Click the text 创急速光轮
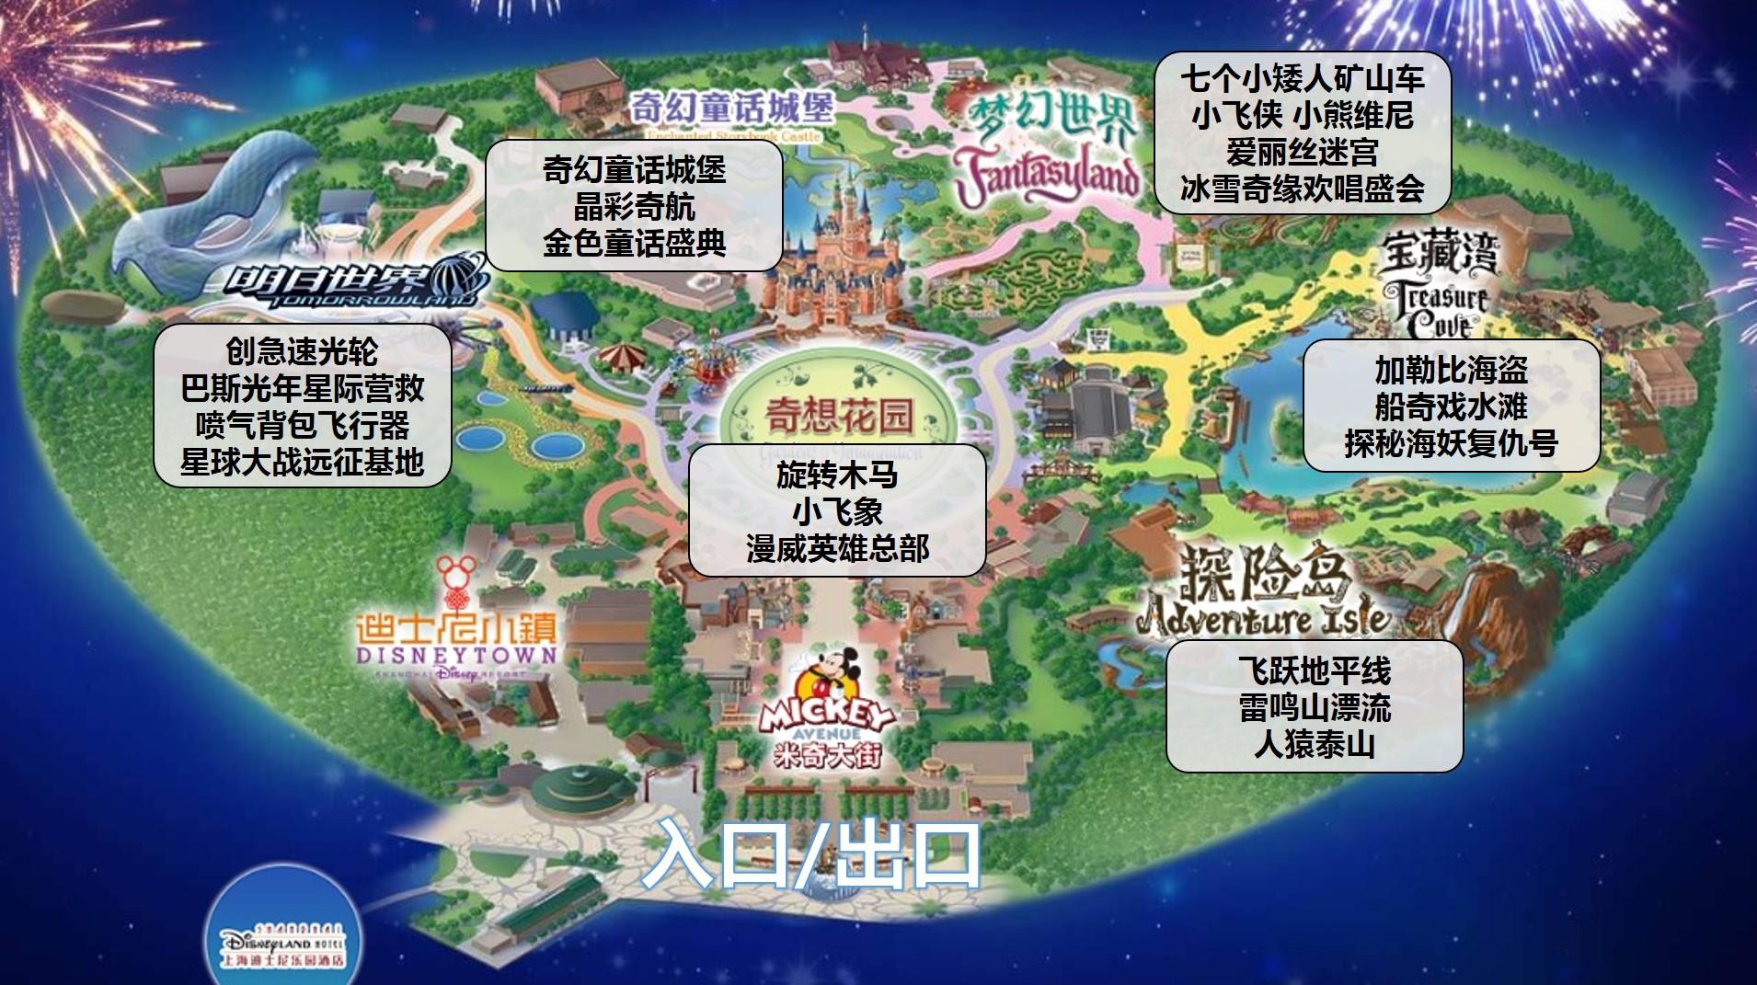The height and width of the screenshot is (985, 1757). pos(302,350)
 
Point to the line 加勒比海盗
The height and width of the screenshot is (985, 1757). pos(1451,370)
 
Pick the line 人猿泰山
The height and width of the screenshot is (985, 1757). pos(1314,744)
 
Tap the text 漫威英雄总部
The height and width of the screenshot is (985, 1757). pos(837,548)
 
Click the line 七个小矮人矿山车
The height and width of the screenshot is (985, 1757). pos(1302,79)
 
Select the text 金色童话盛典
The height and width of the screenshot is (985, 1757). pos(634,243)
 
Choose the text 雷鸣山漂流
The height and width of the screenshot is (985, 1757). pos(1314,707)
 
